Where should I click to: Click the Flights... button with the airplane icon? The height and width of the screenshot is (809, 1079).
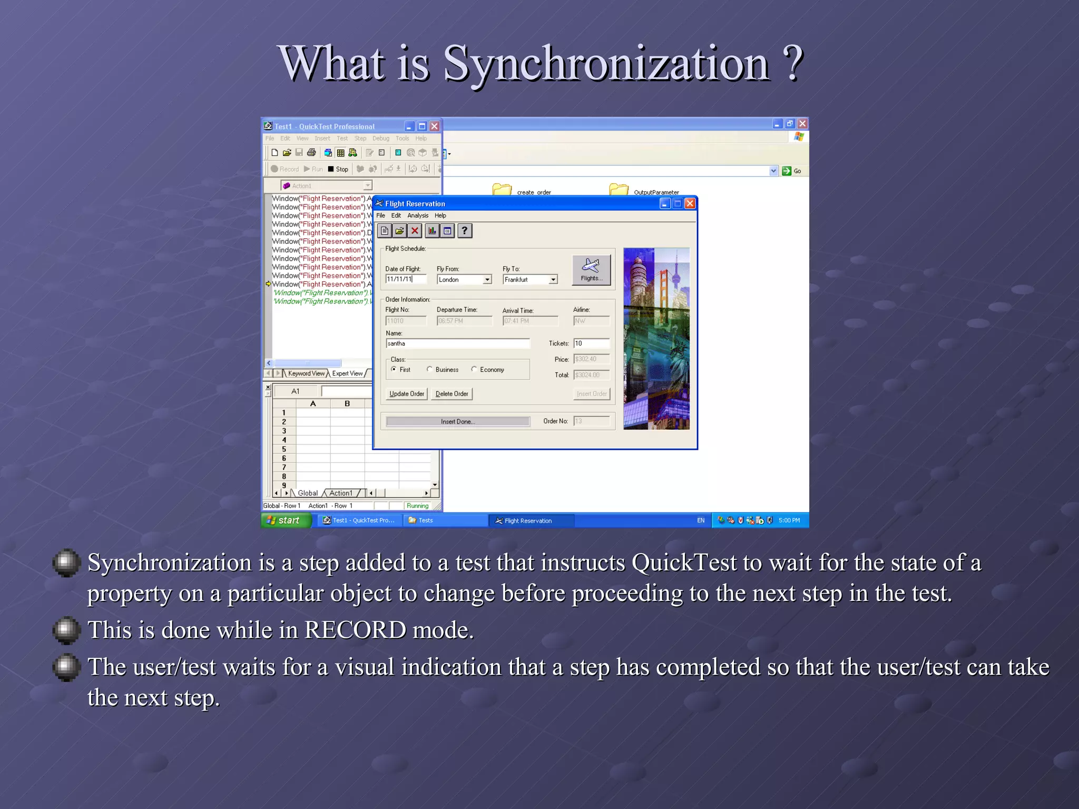pyautogui.click(x=591, y=270)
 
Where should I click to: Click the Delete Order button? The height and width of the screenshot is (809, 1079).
pyautogui.click(x=452, y=394)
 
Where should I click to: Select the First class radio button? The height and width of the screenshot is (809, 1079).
pyautogui.click(x=394, y=369)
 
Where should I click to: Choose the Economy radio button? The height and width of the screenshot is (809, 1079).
pyautogui.click(x=474, y=369)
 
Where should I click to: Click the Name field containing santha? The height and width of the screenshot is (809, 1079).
pyautogui.click(x=457, y=343)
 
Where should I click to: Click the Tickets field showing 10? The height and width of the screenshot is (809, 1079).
pyautogui.click(x=591, y=343)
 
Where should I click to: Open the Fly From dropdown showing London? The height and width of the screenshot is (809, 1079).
pyautogui.click(x=487, y=280)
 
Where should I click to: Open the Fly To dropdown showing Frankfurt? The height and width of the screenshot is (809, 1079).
pyautogui.click(x=553, y=280)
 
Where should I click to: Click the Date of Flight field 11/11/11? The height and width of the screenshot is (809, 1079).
pyautogui.click(x=406, y=279)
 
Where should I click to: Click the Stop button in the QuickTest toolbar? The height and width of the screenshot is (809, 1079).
pyautogui.click(x=338, y=169)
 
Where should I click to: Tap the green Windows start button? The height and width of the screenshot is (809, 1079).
pyautogui.click(x=285, y=520)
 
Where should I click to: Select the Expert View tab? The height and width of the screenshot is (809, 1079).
pyautogui.click(x=347, y=373)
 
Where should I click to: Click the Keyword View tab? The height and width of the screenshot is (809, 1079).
pyautogui.click(x=306, y=373)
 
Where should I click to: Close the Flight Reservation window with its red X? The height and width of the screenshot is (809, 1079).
pyautogui.click(x=690, y=204)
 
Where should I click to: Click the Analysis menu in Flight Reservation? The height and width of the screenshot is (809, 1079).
pyautogui.click(x=418, y=215)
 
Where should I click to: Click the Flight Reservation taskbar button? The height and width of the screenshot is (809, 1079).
pyautogui.click(x=529, y=520)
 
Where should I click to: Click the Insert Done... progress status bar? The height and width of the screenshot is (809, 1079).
pyautogui.click(x=458, y=421)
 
